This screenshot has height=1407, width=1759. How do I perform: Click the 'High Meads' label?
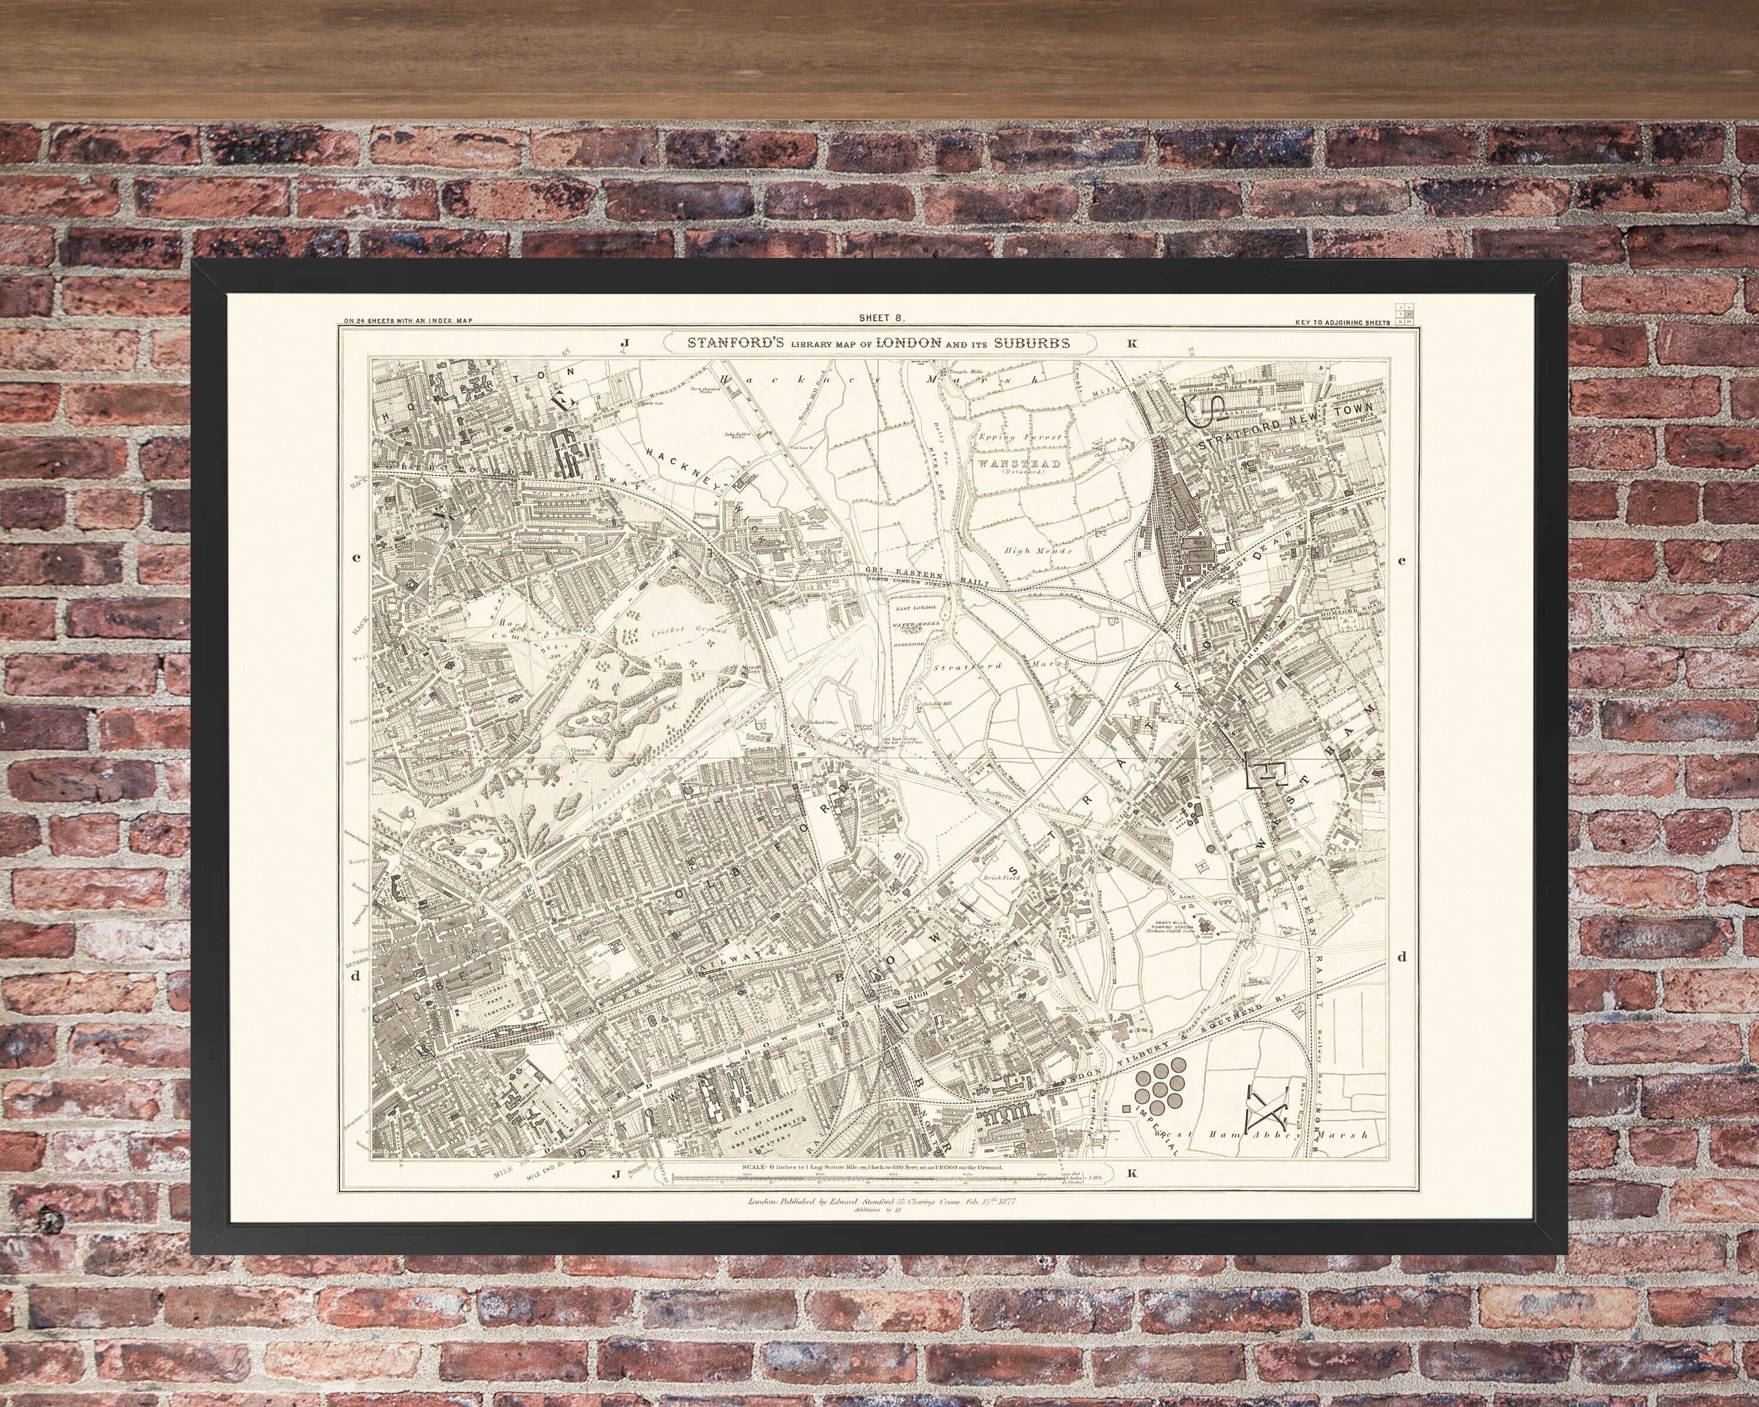tap(1038, 550)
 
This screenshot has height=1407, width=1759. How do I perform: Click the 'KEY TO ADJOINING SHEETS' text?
tap(1342, 322)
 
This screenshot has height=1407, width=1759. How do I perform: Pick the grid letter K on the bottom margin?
tap(1131, 1174)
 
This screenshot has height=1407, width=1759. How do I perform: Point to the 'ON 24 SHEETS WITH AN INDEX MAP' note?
tap(408, 321)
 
